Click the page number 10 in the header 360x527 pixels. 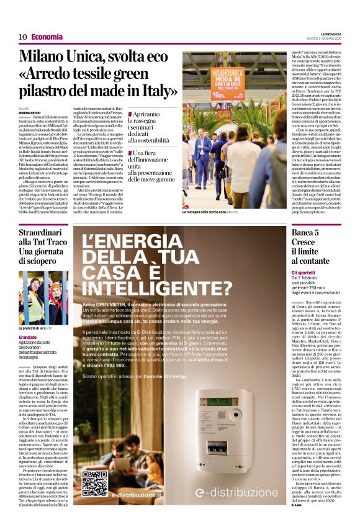(22, 37)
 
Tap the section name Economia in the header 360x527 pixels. (47, 37)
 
